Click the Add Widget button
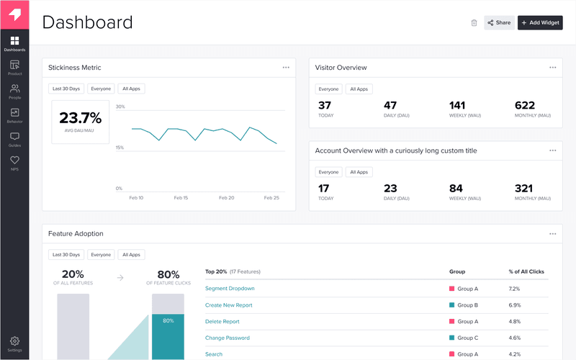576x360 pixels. [x=540, y=22]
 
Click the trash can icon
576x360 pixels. [x=474, y=22]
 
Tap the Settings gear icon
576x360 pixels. [x=14, y=341]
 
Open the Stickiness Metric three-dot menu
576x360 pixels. [x=286, y=68]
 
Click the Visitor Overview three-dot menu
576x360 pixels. [x=553, y=68]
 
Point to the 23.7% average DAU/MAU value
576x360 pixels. [x=80, y=118]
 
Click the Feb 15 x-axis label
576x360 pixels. [x=180, y=197]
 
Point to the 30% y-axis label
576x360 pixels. [x=120, y=107]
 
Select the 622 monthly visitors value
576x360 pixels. [x=525, y=106]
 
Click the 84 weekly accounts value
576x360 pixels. [x=456, y=189]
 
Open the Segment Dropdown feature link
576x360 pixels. [x=230, y=289]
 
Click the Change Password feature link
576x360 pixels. [x=228, y=338]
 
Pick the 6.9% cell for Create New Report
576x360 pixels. [x=514, y=305]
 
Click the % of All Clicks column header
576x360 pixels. [x=526, y=272]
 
